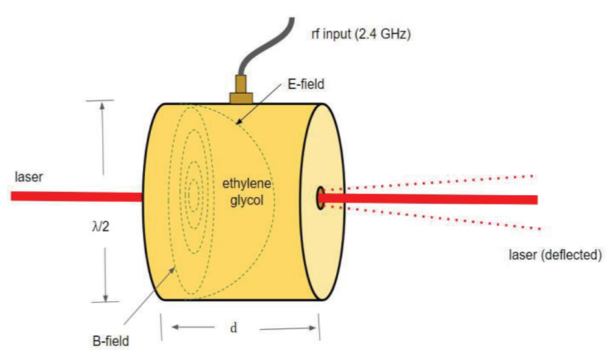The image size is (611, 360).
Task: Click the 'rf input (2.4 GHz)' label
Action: [361, 34]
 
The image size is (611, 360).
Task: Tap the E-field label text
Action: [306, 84]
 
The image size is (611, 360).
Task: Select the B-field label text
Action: [111, 341]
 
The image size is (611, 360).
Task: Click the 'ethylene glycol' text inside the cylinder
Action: [246, 192]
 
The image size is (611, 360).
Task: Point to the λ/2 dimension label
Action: [100, 226]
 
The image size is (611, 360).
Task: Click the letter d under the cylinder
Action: [233, 328]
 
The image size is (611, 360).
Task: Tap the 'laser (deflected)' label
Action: [555, 255]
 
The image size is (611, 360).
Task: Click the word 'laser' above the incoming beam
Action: [29, 177]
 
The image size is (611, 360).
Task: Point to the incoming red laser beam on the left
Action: [77, 196]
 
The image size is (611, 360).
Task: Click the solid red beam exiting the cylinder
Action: [429, 198]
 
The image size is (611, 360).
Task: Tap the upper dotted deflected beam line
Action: [429, 183]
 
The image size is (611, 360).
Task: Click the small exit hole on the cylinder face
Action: [320, 198]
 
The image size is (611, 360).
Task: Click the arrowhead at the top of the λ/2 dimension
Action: [103, 105]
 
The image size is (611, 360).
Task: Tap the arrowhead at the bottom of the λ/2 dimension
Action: [105, 298]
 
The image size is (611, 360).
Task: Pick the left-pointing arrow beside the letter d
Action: [193, 327]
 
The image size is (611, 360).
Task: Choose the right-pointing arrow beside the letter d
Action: [288, 328]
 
